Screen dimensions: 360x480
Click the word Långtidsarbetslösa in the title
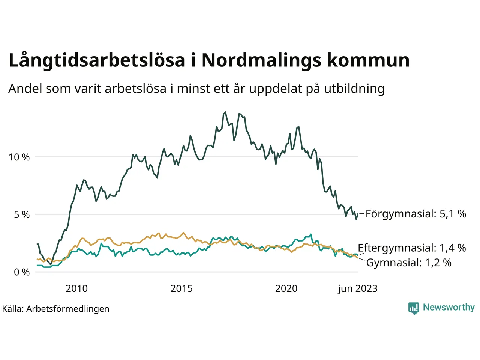(x=97, y=60)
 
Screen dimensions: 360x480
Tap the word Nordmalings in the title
(x=261, y=60)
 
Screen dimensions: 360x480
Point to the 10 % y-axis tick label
(x=19, y=157)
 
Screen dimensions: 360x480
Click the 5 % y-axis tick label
(x=22, y=215)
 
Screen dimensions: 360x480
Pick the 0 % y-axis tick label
(x=22, y=272)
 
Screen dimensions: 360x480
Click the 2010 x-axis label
(x=76, y=288)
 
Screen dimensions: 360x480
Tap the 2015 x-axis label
(x=181, y=288)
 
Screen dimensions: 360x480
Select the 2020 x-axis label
(x=286, y=288)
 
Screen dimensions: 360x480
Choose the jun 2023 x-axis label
(x=358, y=288)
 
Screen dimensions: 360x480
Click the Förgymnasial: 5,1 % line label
(x=415, y=214)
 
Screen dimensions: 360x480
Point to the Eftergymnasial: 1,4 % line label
(x=412, y=248)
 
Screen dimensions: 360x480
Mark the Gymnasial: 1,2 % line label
(x=409, y=262)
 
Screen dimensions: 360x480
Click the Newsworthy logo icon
(x=414, y=308)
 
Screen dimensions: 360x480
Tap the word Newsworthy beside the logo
(x=448, y=307)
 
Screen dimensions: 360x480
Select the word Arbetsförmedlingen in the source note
(x=68, y=309)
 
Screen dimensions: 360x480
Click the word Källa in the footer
(x=13, y=309)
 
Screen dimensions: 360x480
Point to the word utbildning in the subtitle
(x=354, y=88)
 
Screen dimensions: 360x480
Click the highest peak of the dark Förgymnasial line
(x=225, y=112)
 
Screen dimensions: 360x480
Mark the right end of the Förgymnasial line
(x=358, y=214)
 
